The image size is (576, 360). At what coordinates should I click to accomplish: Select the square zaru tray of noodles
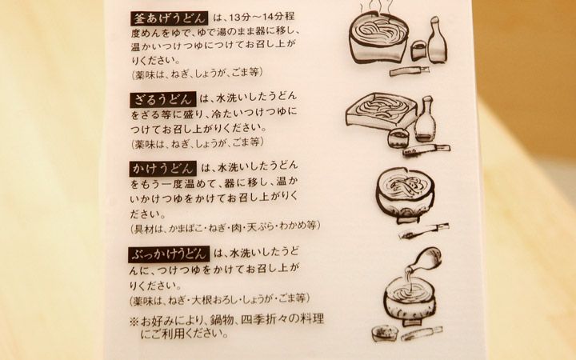(380, 112)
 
